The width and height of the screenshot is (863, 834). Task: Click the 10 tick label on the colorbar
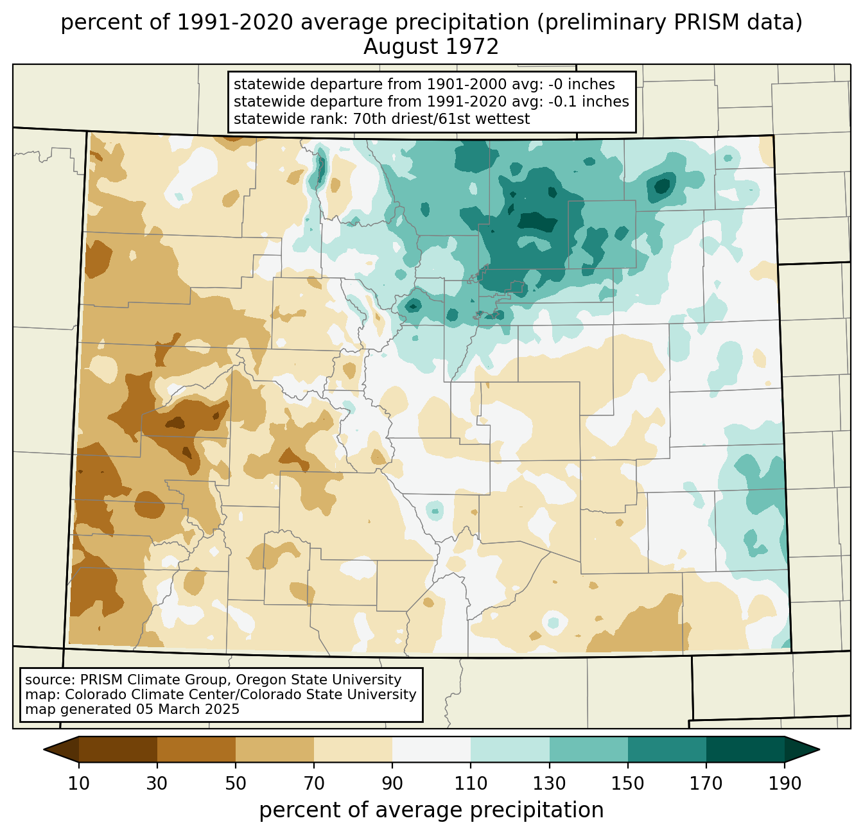[x=79, y=783]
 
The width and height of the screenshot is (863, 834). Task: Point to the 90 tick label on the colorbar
[x=392, y=783]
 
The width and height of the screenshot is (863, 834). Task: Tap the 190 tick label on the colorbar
[x=785, y=783]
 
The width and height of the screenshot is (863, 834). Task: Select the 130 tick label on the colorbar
[x=550, y=783]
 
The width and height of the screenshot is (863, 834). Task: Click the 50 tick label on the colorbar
[x=236, y=783]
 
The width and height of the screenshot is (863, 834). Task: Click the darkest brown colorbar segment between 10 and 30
[x=118, y=749]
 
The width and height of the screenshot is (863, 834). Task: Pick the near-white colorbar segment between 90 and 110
[x=431, y=749]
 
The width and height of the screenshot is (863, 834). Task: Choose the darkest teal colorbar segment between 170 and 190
[x=745, y=749]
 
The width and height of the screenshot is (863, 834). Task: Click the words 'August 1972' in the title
[x=431, y=47]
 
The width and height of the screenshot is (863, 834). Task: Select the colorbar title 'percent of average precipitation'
[x=431, y=810]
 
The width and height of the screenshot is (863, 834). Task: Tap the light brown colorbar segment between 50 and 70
[x=275, y=749]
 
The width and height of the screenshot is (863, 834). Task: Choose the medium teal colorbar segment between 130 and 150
[x=589, y=749]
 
